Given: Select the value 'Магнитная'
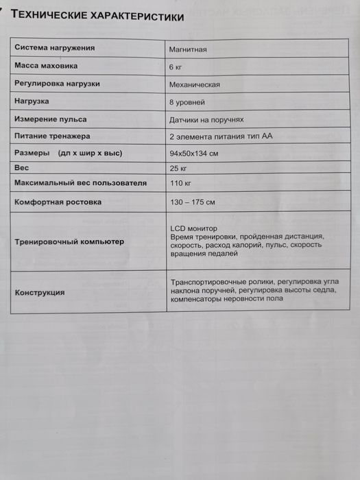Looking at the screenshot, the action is [188, 50].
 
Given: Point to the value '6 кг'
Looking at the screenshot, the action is [176, 67].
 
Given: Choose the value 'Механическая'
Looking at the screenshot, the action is [195, 84].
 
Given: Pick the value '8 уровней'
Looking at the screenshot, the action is [187, 101].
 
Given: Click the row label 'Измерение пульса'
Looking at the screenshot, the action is [51, 118].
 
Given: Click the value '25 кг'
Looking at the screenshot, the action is [178, 168].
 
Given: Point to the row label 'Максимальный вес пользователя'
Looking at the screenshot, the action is [81, 183].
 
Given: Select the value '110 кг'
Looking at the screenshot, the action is [180, 184].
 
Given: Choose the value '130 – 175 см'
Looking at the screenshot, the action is [192, 202].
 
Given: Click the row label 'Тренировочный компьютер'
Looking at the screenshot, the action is [70, 242].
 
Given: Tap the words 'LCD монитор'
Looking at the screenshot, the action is [193, 228].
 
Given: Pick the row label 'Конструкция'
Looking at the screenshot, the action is [40, 292].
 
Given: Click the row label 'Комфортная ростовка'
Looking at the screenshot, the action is [58, 202].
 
